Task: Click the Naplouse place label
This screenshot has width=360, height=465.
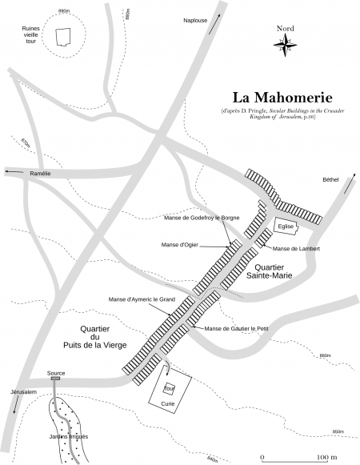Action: coord(197,20)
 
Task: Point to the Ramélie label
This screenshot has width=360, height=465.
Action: coord(40,172)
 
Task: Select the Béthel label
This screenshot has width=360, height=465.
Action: coord(331,179)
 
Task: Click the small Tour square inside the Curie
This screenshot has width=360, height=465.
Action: coord(169,390)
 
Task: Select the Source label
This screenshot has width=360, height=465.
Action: coord(56,373)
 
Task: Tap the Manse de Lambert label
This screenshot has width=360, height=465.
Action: coord(296,249)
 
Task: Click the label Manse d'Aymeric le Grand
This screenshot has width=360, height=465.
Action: coord(142,299)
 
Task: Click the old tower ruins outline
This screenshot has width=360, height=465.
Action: coord(62,36)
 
